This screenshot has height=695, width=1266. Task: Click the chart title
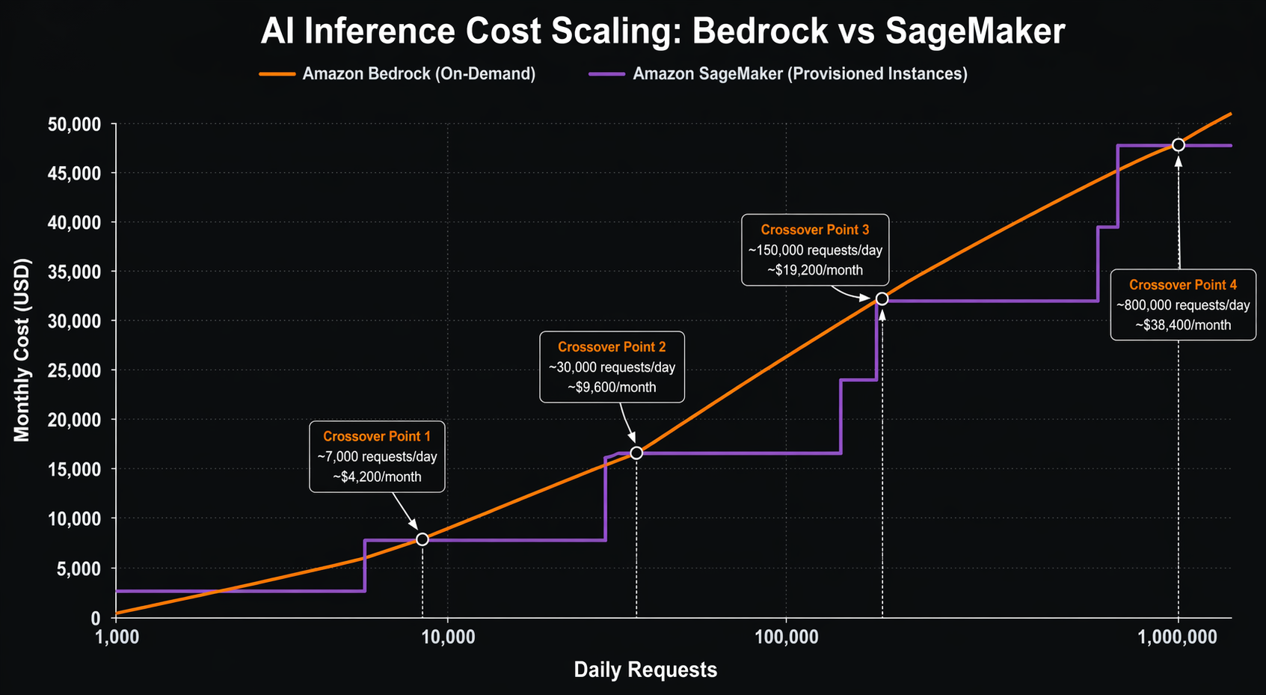click(x=662, y=32)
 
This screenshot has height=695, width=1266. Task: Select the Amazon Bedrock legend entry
click(x=418, y=74)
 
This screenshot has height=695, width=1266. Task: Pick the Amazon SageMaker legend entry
click(x=799, y=74)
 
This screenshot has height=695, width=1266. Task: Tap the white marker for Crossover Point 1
click(x=422, y=539)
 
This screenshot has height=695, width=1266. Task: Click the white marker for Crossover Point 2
click(x=636, y=453)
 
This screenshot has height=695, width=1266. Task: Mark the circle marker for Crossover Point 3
click(x=882, y=298)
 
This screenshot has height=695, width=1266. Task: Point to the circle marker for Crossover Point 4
click(x=1179, y=144)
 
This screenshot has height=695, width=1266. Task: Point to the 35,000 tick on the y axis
click(x=74, y=272)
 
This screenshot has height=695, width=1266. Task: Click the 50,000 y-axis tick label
click(x=74, y=124)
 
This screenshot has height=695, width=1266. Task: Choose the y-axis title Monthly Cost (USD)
click(x=22, y=349)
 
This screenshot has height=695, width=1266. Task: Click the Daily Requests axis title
click(x=645, y=670)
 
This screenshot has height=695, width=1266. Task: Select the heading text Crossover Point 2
click(x=612, y=347)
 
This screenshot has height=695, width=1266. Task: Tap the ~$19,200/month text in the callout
click(x=815, y=270)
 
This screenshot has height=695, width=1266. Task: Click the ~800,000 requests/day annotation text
click(x=1183, y=305)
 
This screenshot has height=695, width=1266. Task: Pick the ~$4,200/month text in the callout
click(x=377, y=477)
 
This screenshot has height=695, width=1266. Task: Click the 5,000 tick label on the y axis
click(x=79, y=569)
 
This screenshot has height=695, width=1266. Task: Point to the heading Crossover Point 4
click(x=1183, y=285)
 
